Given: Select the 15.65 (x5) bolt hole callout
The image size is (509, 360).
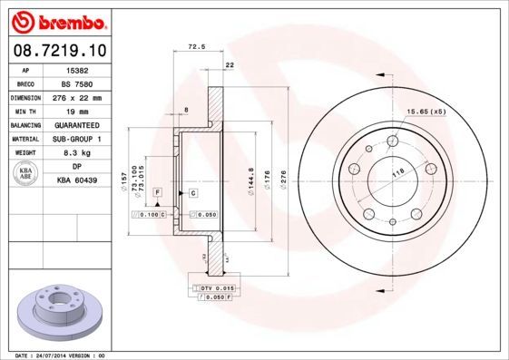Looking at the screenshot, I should tap(426, 111).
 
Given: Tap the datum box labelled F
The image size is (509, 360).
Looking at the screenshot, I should tap(157, 193).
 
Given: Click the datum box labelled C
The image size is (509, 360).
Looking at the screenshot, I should tap(193, 193).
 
